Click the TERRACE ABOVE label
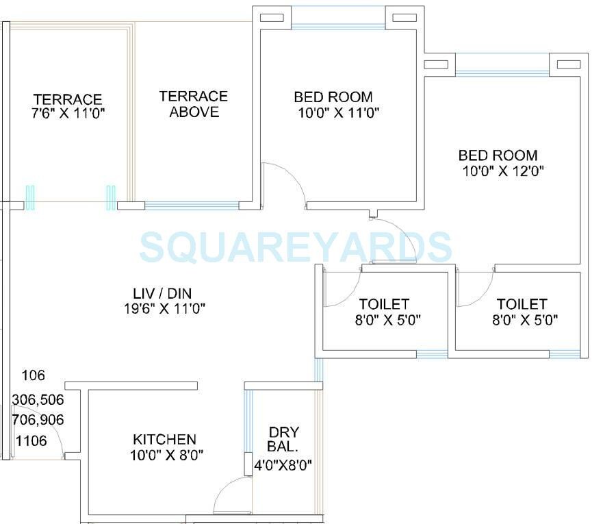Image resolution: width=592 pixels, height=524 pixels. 194,104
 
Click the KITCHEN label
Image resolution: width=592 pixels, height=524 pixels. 164,439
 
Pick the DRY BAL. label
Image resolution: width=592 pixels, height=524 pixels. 283,439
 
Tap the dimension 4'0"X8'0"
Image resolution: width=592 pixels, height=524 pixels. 283,465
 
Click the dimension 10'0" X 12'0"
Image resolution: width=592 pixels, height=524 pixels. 503,171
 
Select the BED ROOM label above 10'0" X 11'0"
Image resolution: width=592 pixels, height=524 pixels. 333,97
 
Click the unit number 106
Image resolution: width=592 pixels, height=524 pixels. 33,375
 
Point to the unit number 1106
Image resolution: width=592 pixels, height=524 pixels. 31,441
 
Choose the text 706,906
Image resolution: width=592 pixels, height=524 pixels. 38,420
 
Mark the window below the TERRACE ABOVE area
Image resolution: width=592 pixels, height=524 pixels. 191,205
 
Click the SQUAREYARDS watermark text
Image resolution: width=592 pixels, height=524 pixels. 296,247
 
